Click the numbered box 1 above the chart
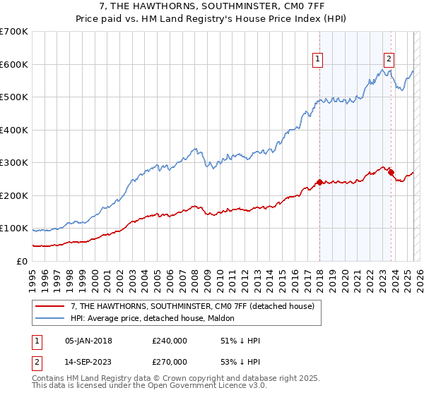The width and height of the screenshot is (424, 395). point(318,60)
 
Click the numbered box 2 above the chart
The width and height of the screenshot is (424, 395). point(389,60)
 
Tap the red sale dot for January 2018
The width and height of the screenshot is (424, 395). point(319,183)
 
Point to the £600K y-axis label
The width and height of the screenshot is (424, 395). point(14,64)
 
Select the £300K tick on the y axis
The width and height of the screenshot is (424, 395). point(14,163)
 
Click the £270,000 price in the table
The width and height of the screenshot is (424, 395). point(170,361)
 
